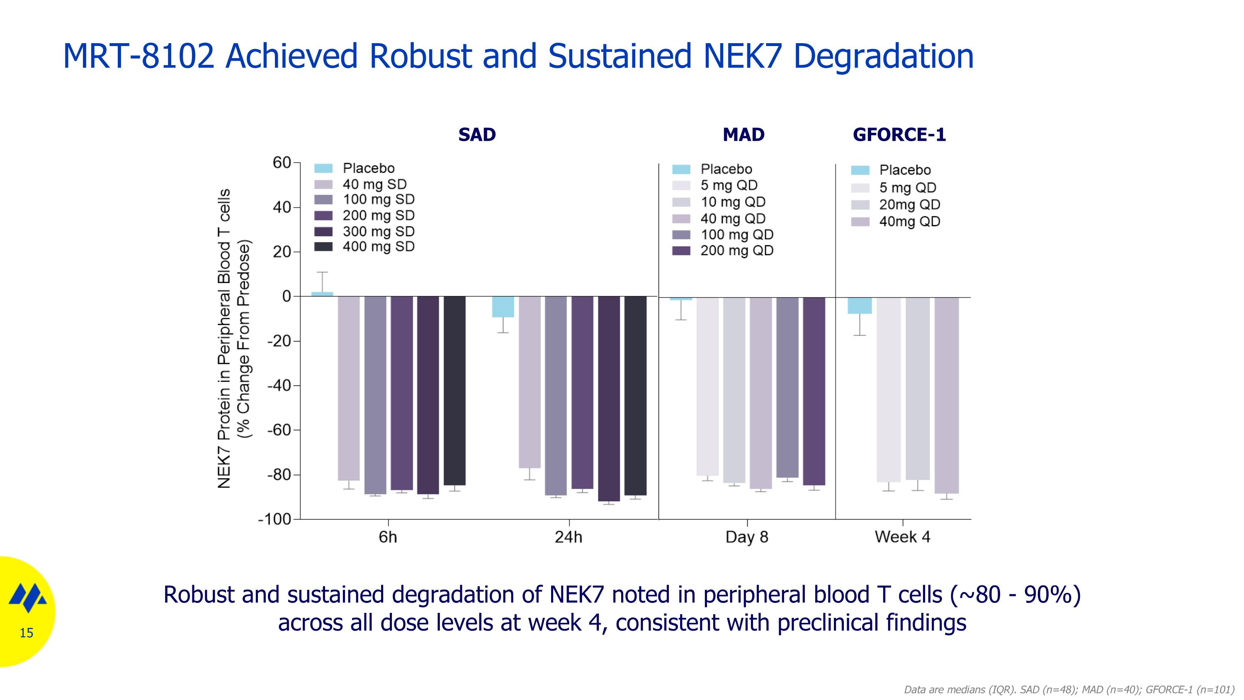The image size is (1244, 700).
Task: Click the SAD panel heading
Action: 476,134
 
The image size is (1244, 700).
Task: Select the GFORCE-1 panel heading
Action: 899,134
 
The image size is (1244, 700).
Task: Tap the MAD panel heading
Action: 743,134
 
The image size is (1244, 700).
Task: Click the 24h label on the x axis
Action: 569,537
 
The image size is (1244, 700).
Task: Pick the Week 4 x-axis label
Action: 902,537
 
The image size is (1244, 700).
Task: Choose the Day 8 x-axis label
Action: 746,537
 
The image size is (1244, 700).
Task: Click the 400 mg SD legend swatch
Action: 323,246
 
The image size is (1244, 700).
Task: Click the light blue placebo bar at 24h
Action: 503,307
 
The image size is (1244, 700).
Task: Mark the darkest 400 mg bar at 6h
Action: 454,391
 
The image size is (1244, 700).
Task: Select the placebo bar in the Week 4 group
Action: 860,306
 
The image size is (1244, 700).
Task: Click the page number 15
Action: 27,633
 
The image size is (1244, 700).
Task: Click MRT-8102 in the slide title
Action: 138,56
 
